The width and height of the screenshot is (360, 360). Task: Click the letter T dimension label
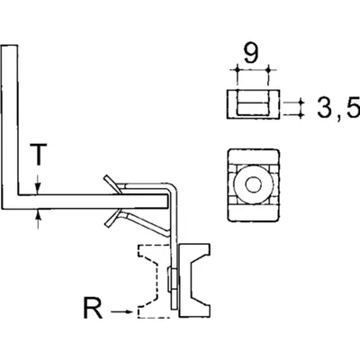38,154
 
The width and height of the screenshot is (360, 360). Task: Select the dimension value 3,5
338,107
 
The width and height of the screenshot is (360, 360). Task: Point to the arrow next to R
121,312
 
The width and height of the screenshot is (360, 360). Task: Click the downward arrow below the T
38,184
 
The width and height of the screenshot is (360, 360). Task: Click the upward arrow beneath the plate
38,219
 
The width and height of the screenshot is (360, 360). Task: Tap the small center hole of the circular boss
254,184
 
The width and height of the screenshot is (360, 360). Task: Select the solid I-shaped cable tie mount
195,281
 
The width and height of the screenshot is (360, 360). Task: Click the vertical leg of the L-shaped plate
10,126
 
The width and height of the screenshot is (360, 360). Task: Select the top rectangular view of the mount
254,103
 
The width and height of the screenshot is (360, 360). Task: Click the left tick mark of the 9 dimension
237,70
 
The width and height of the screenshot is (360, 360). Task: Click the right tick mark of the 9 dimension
269,70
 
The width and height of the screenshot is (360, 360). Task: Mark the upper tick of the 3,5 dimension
301,103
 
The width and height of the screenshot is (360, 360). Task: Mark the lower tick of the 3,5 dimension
301,114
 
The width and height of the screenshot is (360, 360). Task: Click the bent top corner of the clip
172,186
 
